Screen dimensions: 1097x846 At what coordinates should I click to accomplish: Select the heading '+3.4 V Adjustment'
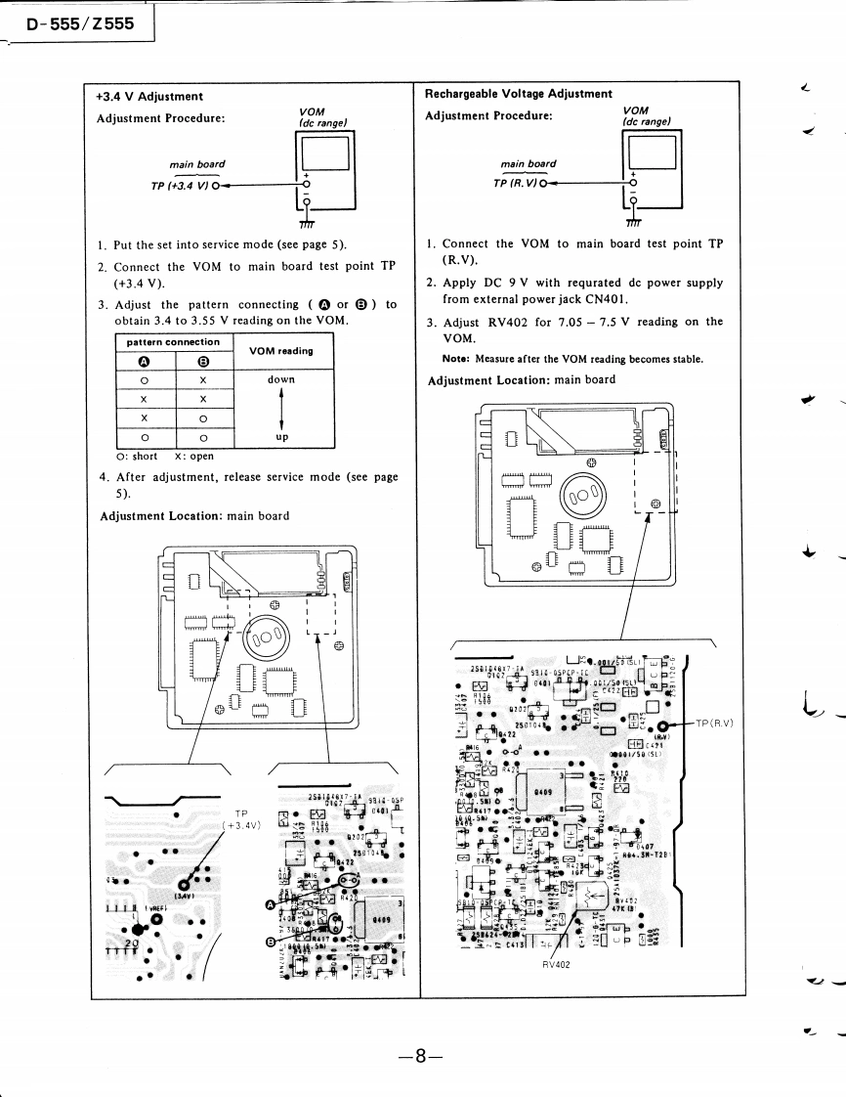tap(149, 97)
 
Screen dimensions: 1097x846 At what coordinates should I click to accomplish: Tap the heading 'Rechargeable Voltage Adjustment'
tap(519, 94)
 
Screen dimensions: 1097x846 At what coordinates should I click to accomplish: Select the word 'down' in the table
tap(281, 379)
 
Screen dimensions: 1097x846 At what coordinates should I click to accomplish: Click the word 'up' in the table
tap(281, 437)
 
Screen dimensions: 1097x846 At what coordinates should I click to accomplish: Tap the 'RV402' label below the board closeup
tap(557, 964)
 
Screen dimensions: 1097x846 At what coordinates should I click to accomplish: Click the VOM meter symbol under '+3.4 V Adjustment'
tap(324, 170)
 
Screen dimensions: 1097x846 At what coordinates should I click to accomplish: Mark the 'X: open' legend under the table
tap(193, 456)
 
